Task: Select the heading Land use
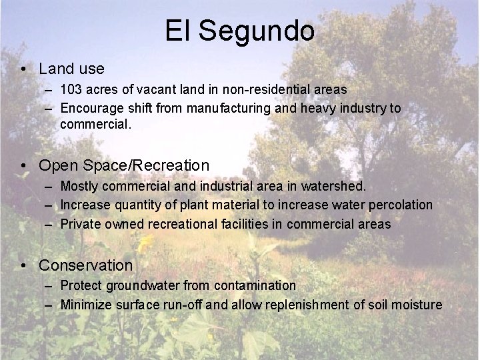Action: (71, 68)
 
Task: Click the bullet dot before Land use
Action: (23, 69)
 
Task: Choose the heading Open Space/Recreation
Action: (124, 164)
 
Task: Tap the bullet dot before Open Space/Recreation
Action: (23, 165)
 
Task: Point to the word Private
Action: (80, 224)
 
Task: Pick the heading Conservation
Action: (86, 265)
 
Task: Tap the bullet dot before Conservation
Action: (23, 265)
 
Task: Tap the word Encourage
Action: (91, 107)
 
